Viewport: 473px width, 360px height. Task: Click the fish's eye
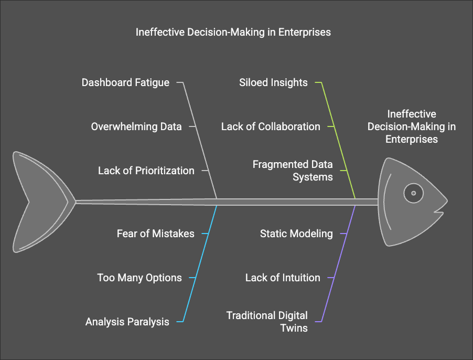click(413, 193)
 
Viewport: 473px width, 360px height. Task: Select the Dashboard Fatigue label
click(125, 82)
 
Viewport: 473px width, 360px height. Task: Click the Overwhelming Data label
click(136, 126)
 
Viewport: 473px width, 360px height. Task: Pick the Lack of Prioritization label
click(146, 171)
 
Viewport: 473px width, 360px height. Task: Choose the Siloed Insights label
click(273, 82)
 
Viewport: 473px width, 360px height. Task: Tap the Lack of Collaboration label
click(271, 126)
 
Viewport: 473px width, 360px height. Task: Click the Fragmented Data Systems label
click(293, 171)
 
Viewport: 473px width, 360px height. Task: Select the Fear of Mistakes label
click(156, 234)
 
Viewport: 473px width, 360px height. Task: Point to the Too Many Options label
click(139, 278)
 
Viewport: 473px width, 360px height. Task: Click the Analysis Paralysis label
click(127, 322)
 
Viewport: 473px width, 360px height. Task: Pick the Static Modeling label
click(296, 234)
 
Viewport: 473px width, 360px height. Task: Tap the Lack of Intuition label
click(283, 278)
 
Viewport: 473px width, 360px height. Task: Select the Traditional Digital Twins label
click(267, 322)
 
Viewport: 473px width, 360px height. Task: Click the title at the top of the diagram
click(233, 32)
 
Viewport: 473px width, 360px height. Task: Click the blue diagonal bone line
click(200, 264)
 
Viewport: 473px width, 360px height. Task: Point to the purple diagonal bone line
click(338, 264)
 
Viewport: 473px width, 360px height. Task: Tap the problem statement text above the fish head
click(412, 126)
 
